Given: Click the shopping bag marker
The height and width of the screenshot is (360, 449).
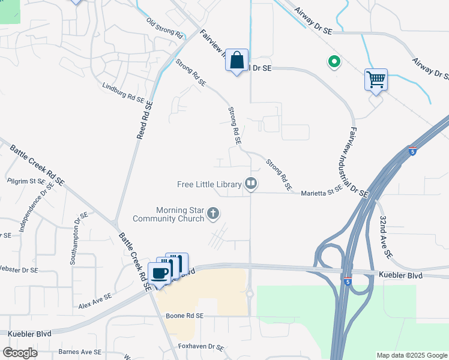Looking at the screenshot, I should (x=237, y=60).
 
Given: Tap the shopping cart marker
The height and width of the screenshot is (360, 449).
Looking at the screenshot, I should (x=376, y=79).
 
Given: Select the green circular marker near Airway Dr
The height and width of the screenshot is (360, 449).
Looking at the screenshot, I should (x=333, y=61).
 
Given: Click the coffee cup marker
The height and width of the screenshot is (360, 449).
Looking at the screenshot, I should (x=159, y=274).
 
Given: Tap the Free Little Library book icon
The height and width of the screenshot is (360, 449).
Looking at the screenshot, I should (x=250, y=184).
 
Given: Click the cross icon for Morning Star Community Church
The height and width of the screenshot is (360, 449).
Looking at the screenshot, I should (x=212, y=214).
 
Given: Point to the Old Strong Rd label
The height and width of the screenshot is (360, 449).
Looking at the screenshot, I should (x=164, y=28).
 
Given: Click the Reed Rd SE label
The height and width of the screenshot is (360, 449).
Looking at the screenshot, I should (x=145, y=121).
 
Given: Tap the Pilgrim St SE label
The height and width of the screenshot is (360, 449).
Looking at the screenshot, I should (x=26, y=180).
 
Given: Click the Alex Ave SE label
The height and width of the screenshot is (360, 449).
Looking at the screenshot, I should (x=95, y=301).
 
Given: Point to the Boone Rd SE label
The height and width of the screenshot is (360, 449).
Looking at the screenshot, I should (x=184, y=316).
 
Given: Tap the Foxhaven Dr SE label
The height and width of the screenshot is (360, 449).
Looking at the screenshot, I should (x=201, y=347).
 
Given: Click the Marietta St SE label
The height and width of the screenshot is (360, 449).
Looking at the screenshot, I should (x=321, y=188).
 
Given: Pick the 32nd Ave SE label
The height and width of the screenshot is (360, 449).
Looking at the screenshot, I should (x=384, y=238).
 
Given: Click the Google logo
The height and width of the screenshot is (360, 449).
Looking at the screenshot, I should (x=20, y=352).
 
